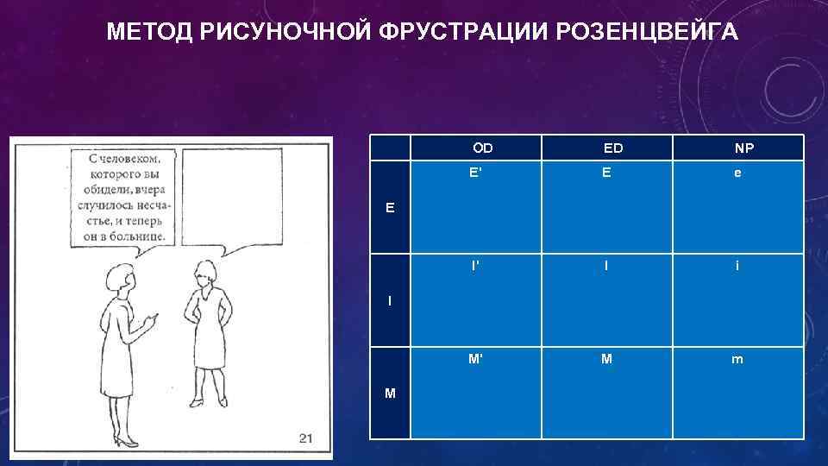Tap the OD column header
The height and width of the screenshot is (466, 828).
click(x=483, y=148)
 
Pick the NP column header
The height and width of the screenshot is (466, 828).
click(x=743, y=148)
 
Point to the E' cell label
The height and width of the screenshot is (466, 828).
click(x=475, y=173)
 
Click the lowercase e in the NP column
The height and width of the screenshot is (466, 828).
click(x=737, y=173)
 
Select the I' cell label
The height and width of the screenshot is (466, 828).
click(x=475, y=266)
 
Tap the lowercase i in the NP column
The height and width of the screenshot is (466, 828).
click(x=737, y=266)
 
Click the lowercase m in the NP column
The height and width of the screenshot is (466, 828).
click(x=737, y=359)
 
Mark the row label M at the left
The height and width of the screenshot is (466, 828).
click(x=391, y=394)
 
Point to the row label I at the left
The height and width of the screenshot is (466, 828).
click(x=390, y=301)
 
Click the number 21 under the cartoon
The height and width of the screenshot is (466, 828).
click(x=305, y=438)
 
